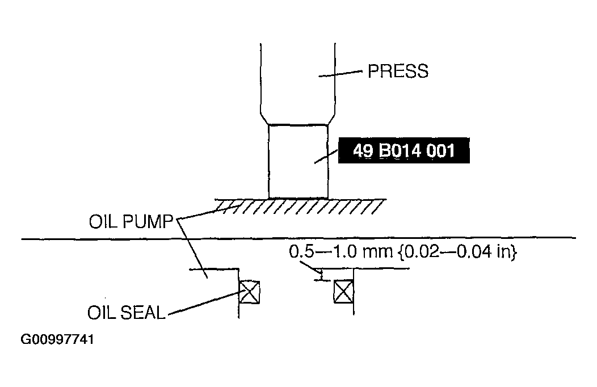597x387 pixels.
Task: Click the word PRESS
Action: pos(398,71)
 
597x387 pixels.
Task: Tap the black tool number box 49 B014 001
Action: pos(404,150)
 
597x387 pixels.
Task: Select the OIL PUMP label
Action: pos(131,221)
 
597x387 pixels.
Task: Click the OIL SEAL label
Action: pos(127,313)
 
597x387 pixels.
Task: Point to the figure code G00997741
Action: pos(57,339)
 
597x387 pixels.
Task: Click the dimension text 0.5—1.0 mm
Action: pos(340,251)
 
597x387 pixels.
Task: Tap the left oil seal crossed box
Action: pos(249,292)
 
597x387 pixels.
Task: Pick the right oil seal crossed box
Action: pos(343,292)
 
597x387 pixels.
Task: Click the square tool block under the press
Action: pos(298,161)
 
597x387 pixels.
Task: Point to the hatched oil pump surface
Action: pos(300,206)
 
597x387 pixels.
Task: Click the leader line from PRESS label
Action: pos(340,73)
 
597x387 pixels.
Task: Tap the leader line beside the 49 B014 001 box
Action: pos(326,157)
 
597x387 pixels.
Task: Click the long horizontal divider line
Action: pos(298,238)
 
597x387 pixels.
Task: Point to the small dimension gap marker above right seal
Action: pos(322,275)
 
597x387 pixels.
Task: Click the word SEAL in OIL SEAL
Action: pos(143,313)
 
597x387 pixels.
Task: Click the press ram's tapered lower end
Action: pos(298,119)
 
